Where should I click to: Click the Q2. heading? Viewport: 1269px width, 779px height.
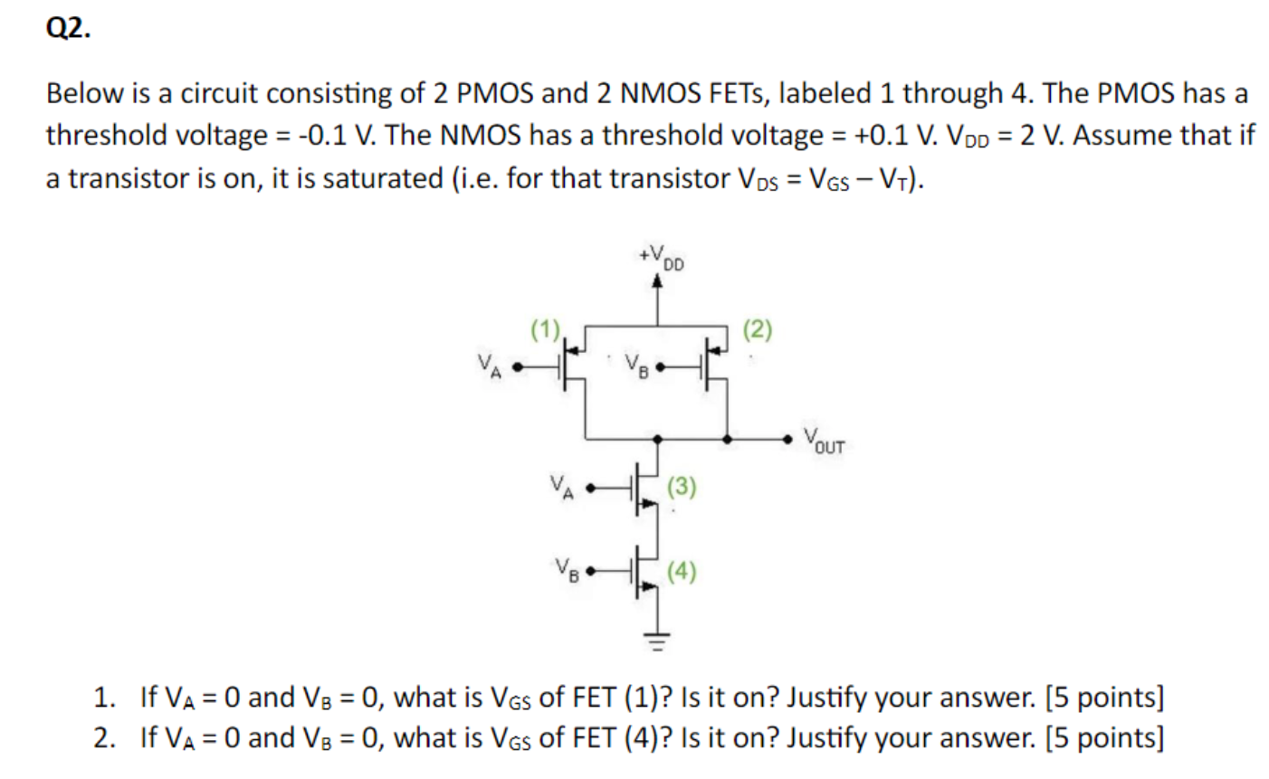click(x=68, y=29)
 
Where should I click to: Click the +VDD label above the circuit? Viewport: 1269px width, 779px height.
click(x=661, y=257)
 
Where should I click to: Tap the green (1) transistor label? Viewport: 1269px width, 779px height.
click(x=546, y=329)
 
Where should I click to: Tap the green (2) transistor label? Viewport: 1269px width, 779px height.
click(x=758, y=329)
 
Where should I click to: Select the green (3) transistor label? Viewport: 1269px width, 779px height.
click(x=682, y=488)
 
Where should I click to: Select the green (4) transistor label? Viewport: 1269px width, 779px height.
click(x=682, y=571)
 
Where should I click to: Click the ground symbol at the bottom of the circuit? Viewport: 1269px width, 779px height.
click(x=657, y=643)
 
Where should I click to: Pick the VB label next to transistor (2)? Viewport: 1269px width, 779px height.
click(x=637, y=366)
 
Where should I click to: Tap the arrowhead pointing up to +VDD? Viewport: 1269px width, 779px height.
click(x=657, y=281)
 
